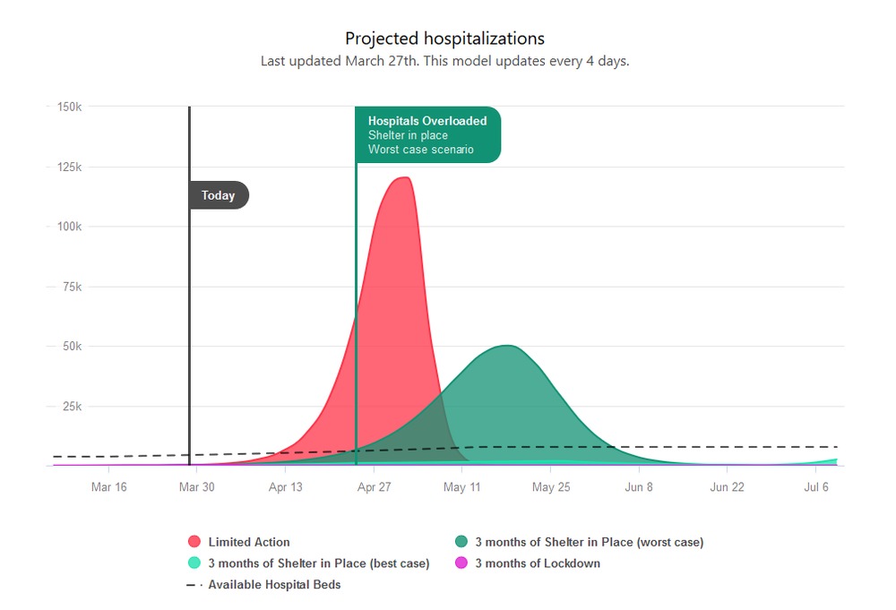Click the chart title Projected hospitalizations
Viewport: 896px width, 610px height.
click(444, 39)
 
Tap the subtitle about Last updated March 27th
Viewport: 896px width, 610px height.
click(444, 62)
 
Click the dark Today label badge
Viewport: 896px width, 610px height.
click(219, 195)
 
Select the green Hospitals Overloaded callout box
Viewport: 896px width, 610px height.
click(428, 134)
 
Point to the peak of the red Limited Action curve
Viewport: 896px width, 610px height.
click(404, 178)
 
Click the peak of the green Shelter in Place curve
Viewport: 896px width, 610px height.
click(506, 346)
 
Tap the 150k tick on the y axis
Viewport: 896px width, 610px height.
click(69, 107)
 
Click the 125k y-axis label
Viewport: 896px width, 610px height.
click(69, 167)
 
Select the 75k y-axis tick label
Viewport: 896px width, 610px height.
click(71, 287)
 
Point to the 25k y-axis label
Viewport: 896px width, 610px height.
click(71, 407)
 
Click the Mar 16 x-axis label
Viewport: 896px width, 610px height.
click(109, 487)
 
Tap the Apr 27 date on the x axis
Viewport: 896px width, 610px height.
click(374, 487)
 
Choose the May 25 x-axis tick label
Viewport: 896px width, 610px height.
click(551, 487)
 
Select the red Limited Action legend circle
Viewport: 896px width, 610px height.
click(194, 542)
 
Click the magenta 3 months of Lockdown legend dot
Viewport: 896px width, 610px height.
click(461, 563)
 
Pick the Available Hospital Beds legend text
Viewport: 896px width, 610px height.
click(274, 585)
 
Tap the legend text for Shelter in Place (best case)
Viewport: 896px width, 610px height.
click(318, 563)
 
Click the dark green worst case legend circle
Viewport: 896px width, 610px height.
click(461, 542)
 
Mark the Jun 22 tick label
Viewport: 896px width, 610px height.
click(727, 487)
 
